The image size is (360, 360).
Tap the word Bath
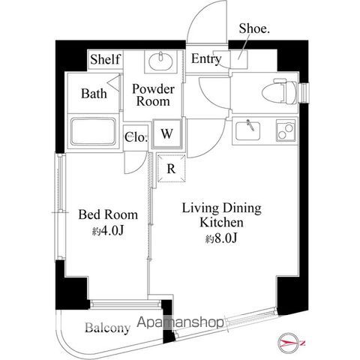pyautogui.click(x=94, y=94)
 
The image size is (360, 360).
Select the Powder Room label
pyautogui.click(x=153, y=95)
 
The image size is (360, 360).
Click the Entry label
pyautogui.click(x=205, y=60)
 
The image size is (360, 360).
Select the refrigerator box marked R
pyautogui.click(x=170, y=168)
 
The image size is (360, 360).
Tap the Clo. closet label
pyautogui.click(x=135, y=136)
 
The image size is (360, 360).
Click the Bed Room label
pyautogui.click(x=102, y=213)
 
